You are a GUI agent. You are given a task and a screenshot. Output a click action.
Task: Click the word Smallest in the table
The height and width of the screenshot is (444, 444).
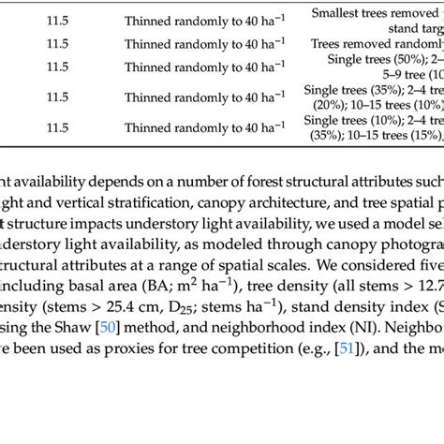tap(340, 14)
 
